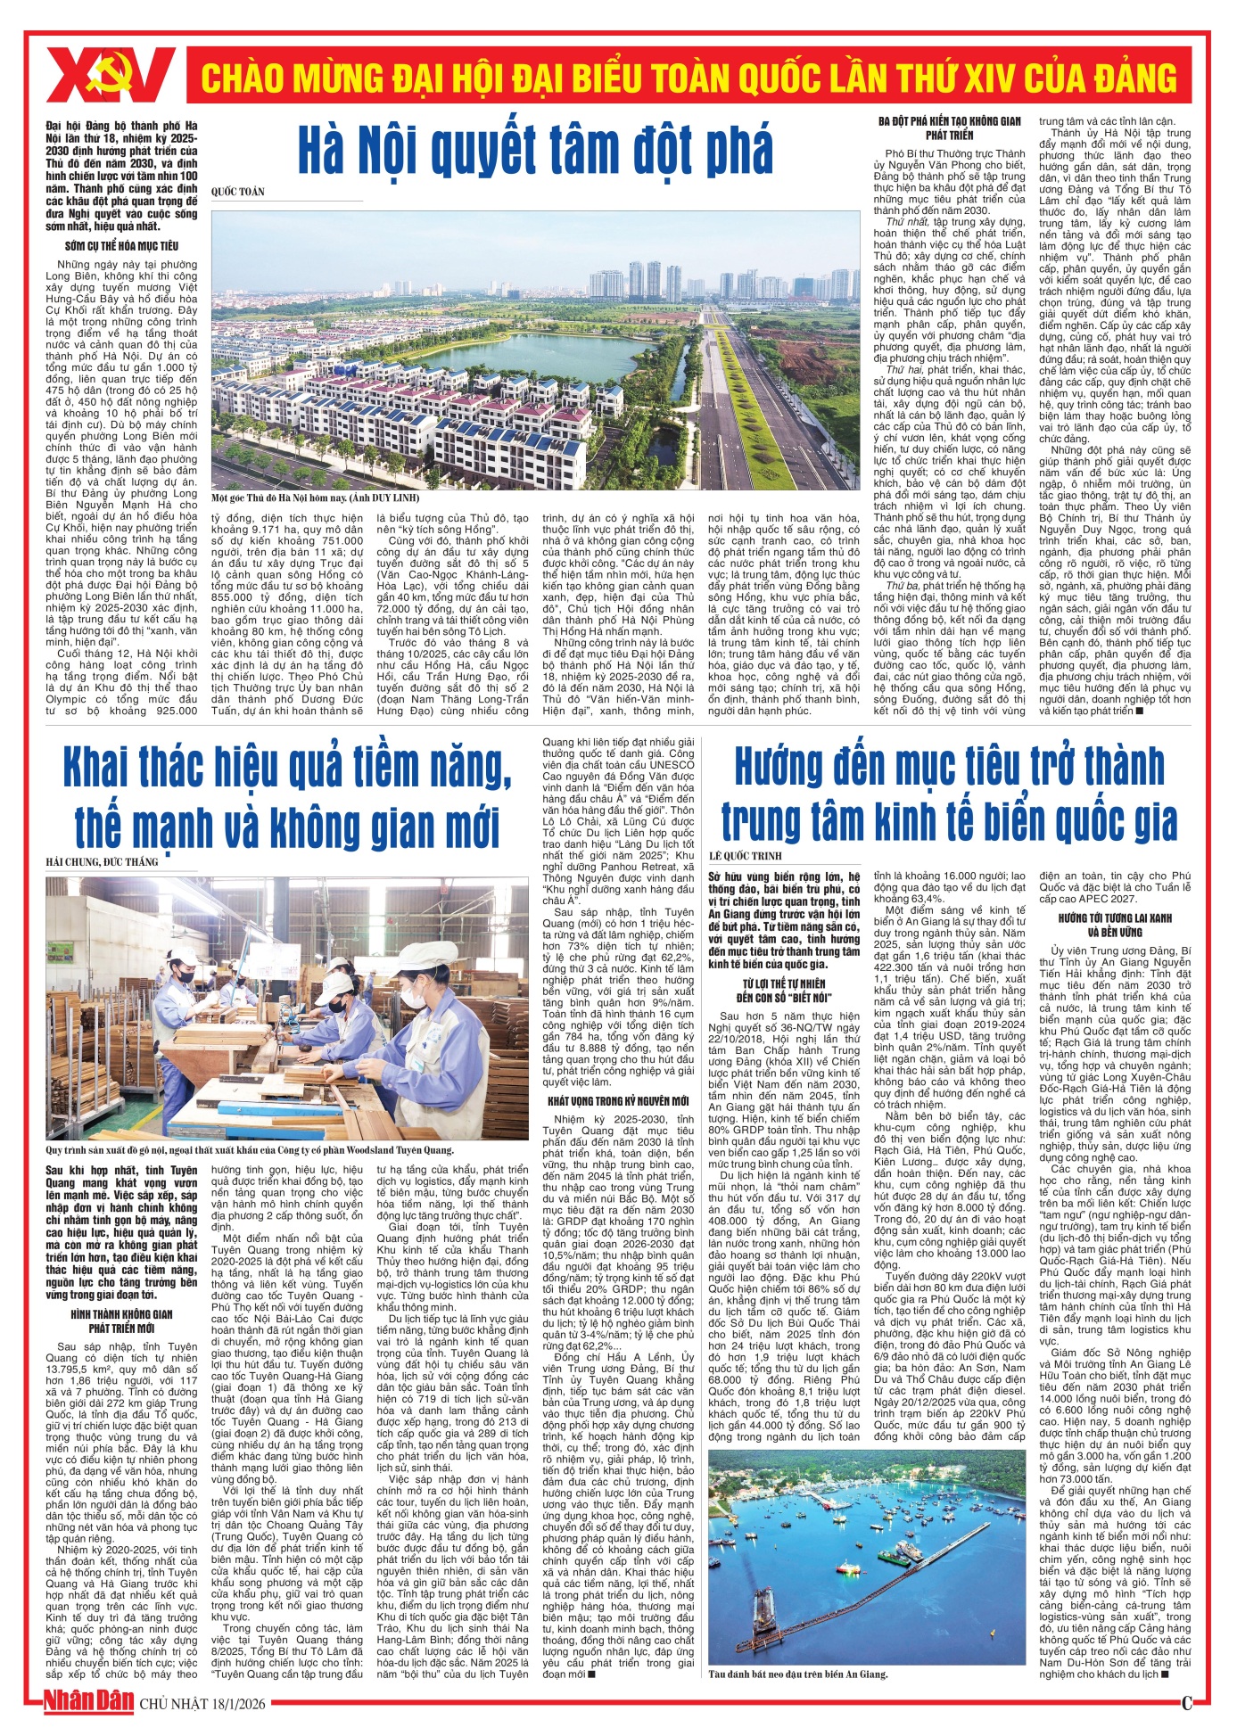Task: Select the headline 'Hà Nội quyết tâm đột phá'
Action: click(535, 150)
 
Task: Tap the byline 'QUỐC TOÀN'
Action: click(238, 192)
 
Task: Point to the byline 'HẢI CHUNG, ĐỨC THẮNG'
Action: click(103, 861)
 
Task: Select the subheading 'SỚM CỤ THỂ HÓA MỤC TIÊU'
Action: click(122, 245)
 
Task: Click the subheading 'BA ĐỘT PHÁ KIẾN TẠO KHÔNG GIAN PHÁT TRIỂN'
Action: click(949, 128)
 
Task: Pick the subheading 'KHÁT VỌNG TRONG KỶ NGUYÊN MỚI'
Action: click(618, 1101)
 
